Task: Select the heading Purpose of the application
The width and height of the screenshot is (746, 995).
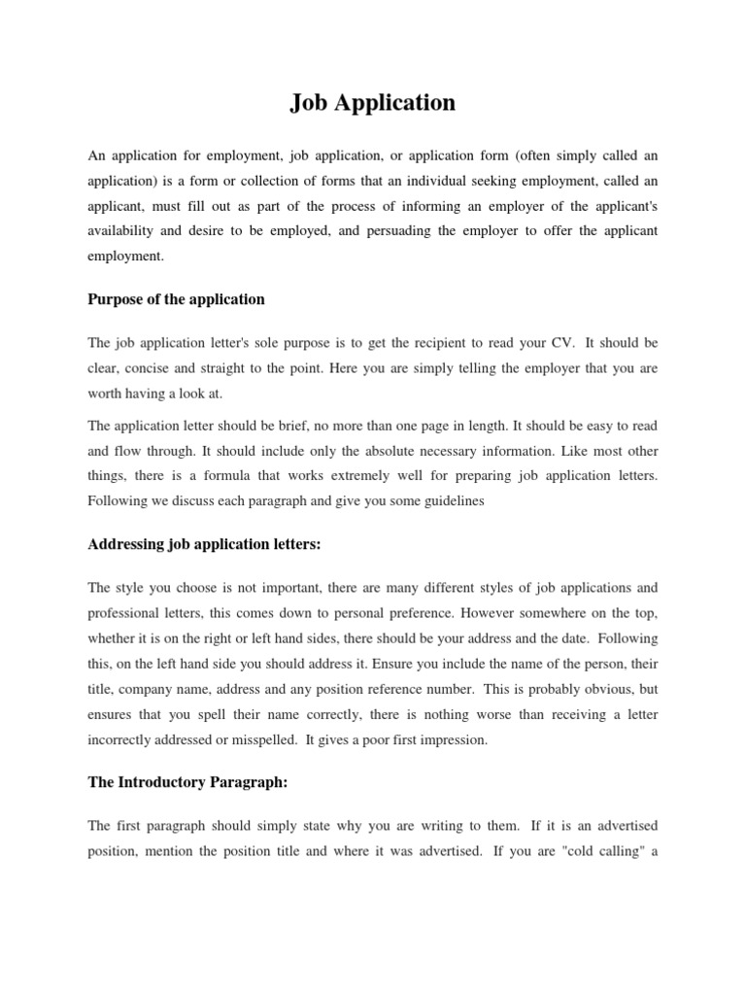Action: [176, 299]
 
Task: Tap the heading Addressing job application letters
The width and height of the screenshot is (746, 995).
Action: [204, 544]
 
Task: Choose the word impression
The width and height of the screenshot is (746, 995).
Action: [452, 739]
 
